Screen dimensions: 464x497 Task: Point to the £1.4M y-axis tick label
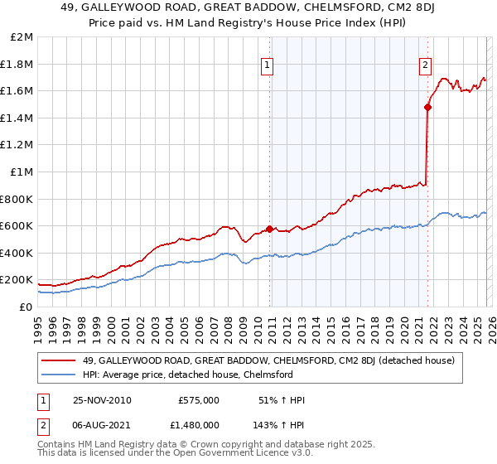(17, 118)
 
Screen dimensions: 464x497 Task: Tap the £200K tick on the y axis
(17, 280)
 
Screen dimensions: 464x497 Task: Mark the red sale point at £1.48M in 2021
(427, 107)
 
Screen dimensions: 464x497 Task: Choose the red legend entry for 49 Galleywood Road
(268, 360)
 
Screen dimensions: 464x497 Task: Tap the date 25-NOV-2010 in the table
(102, 400)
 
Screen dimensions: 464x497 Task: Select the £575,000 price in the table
(198, 400)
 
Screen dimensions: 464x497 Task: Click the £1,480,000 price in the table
(193, 425)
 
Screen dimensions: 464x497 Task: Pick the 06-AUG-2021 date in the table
(102, 425)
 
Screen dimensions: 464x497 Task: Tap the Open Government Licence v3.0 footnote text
(242, 455)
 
